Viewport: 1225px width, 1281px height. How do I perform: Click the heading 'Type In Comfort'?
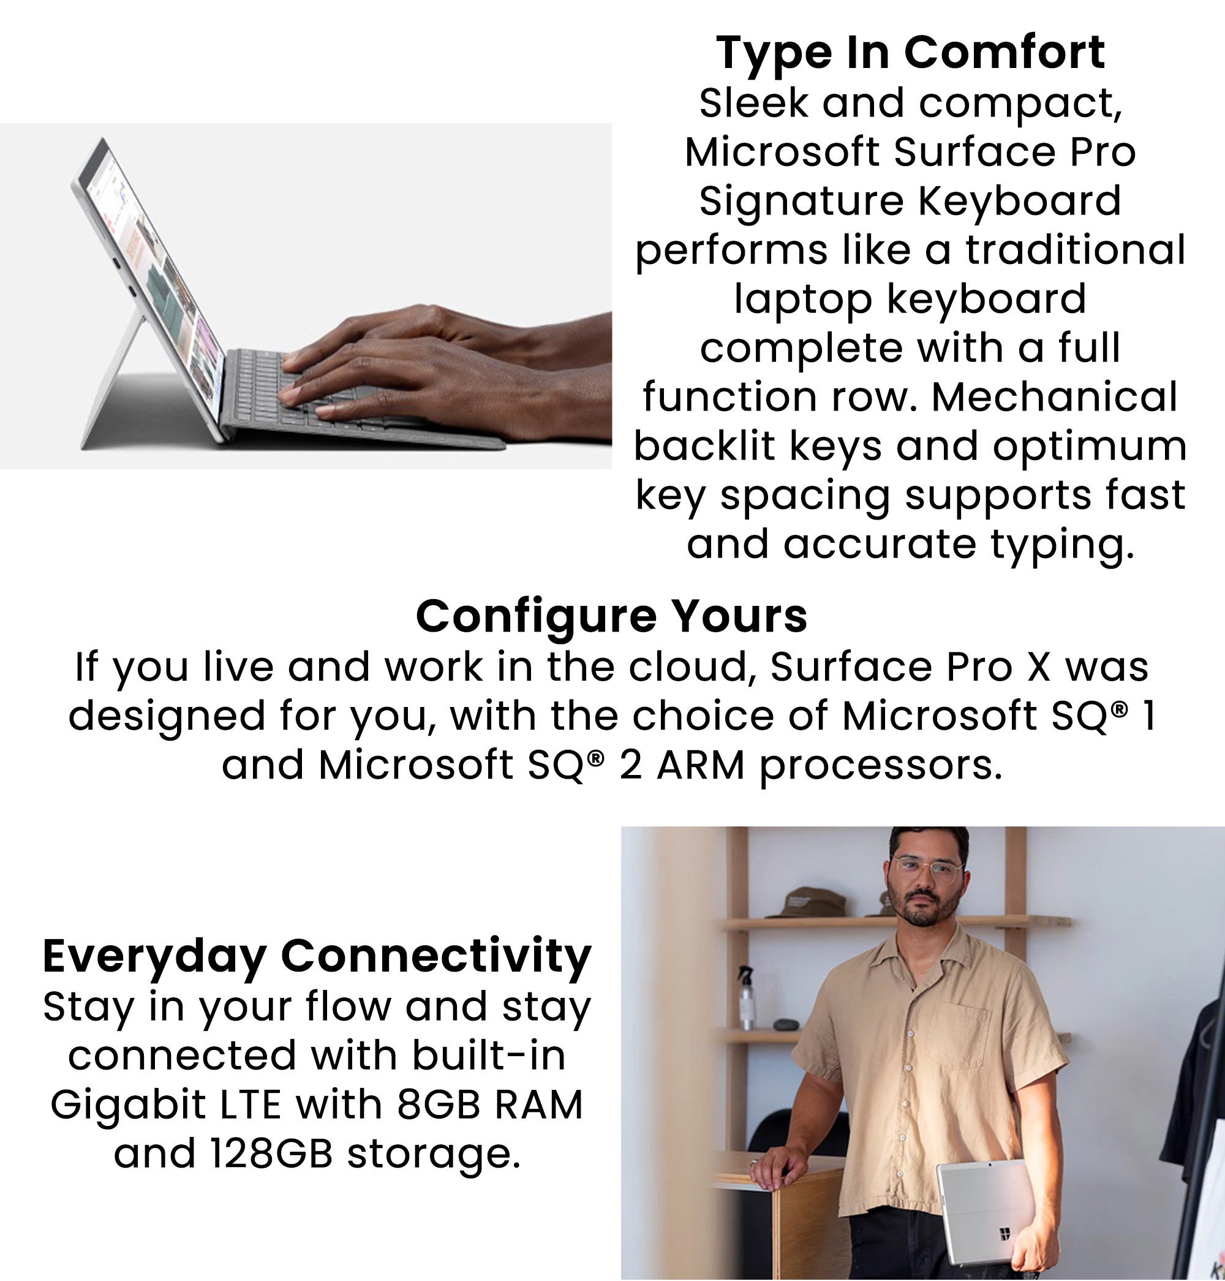(x=910, y=52)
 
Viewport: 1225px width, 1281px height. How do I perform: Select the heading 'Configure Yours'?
(x=612, y=616)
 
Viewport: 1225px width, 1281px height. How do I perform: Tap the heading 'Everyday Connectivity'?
(x=317, y=956)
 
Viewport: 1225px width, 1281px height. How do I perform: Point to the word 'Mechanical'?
(x=1054, y=396)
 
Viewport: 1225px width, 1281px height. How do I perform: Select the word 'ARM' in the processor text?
(x=701, y=766)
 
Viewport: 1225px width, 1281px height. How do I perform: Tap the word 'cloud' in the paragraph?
(x=693, y=668)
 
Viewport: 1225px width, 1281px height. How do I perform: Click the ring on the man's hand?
(x=755, y=1162)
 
